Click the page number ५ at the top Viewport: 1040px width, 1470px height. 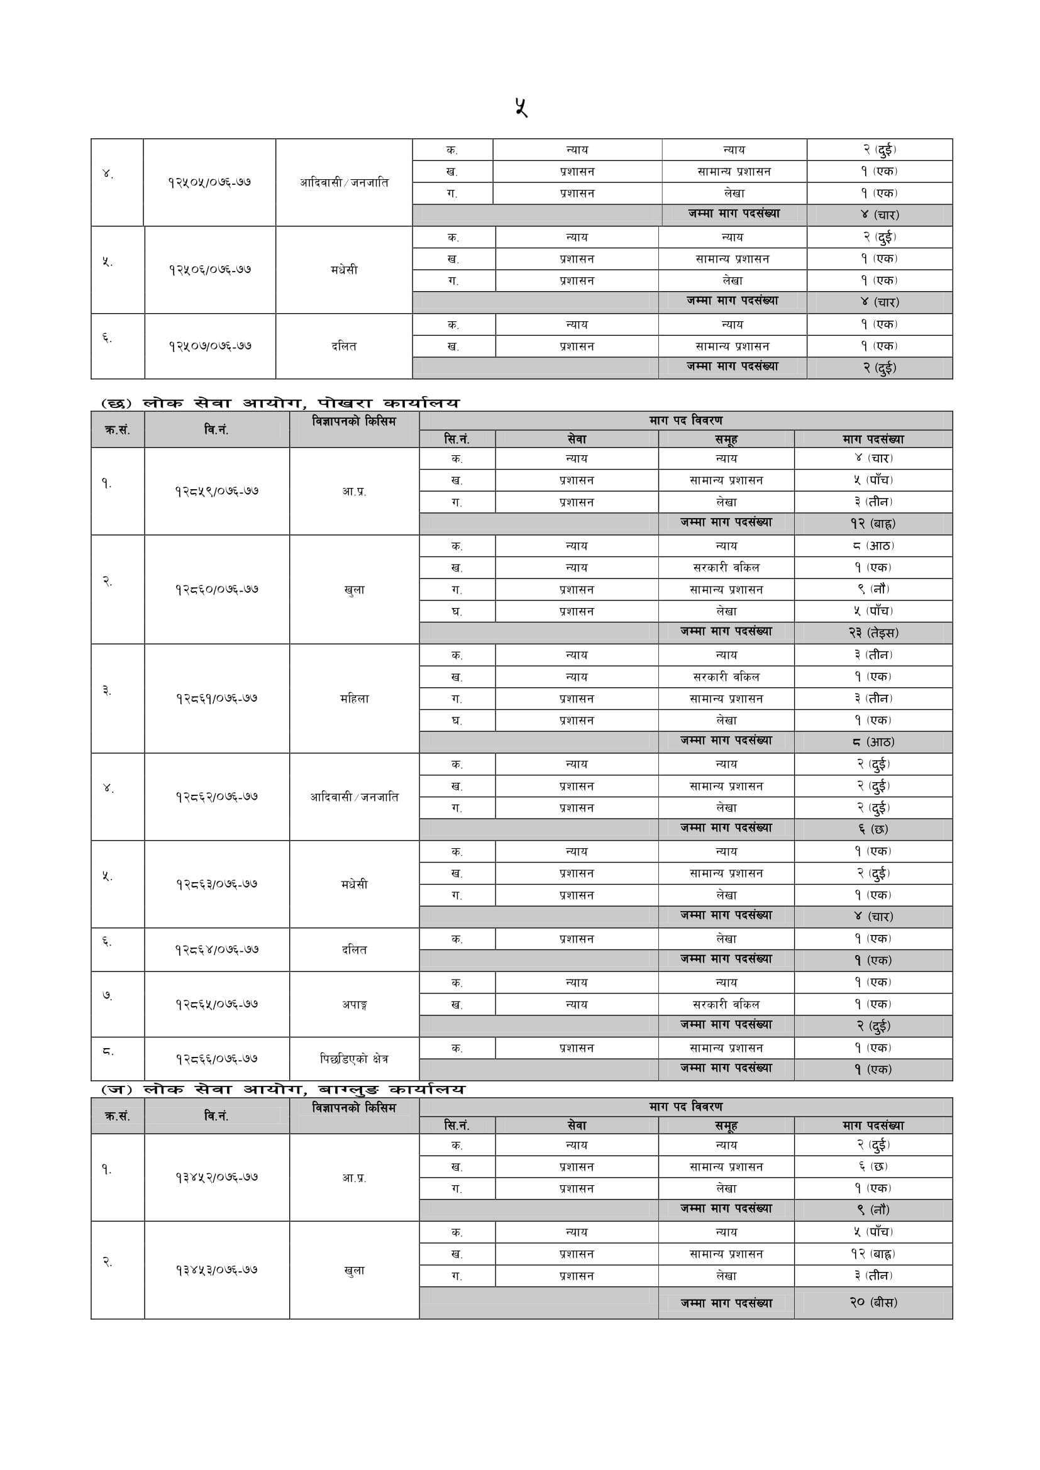click(521, 107)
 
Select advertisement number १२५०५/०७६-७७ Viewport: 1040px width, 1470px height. click(209, 182)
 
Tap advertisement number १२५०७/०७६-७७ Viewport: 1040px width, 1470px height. click(210, 346)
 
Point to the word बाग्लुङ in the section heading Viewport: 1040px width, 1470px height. click(348, 1090)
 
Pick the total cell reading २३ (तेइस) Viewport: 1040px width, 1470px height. click(873, 633)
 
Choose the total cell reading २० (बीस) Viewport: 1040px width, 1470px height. click(873, 1302)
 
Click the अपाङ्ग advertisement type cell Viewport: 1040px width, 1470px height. click(354, 1005)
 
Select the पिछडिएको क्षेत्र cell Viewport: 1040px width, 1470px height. click(354, 1059)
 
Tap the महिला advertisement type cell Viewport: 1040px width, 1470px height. click(354, 699)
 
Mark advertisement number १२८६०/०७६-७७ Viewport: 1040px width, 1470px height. click(216, 590)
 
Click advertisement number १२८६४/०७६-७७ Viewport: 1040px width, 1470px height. click(216, 950)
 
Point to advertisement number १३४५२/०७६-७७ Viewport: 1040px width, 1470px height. click(216, 1178)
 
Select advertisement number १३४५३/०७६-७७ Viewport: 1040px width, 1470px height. click(216, 1270)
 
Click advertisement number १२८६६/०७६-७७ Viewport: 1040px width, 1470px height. click(216, 1059)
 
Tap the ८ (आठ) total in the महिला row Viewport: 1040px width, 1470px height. click(873, 742)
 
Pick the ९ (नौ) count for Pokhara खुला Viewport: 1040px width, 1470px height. click(873, 589)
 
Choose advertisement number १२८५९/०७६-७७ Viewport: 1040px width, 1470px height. click(216, 492)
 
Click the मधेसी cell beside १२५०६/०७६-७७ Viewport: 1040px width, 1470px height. click(344, 270)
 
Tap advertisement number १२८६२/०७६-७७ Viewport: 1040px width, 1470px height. click(216, 797)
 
